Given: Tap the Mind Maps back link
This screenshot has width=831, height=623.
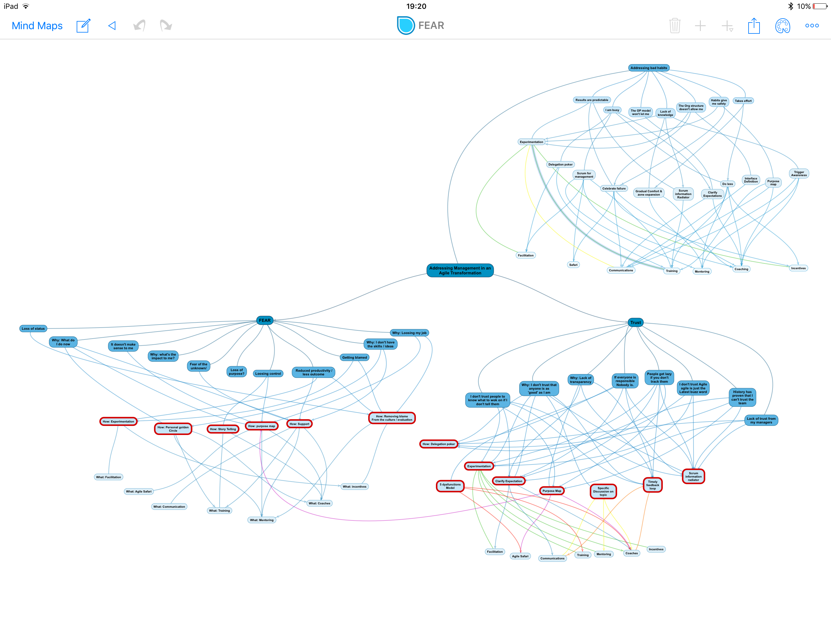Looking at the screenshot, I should [37, 26].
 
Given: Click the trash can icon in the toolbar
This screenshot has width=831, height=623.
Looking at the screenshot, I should [675, 26].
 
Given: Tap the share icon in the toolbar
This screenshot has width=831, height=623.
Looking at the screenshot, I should [754, 26].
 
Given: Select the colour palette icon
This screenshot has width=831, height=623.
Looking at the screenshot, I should [783, 26].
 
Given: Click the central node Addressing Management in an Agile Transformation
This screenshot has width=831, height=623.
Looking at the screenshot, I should [460, 270].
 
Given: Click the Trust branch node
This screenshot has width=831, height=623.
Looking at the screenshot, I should [635, 322].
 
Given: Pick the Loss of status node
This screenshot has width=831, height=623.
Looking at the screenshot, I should [33, 329].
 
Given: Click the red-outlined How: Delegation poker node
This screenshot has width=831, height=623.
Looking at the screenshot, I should [438, 444].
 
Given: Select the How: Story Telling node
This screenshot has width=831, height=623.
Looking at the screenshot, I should [223, 429].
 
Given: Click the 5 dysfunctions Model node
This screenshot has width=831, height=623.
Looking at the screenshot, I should [450, 486].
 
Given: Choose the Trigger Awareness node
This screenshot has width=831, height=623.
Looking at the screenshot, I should [799, 174].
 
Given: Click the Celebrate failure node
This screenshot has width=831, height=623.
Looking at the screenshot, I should [614, 189].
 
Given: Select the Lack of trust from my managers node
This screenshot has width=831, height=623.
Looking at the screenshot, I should [761, 420].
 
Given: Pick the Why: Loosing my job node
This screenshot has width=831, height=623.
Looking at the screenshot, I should [409, 333].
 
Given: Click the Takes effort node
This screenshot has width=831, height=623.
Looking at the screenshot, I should [743, 101].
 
